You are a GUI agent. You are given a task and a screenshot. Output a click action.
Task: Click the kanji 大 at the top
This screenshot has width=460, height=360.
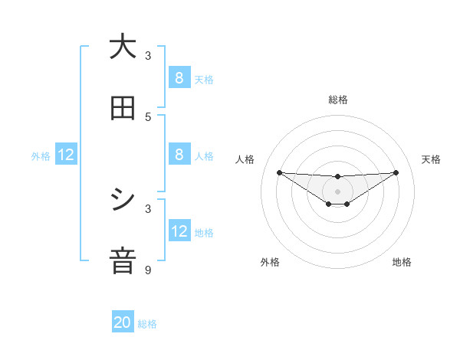tap(123, 47)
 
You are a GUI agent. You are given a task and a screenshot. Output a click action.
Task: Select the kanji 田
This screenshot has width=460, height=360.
tap(123, 108)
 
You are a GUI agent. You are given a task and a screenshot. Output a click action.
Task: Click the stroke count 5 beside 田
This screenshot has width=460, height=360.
tap(149, 116)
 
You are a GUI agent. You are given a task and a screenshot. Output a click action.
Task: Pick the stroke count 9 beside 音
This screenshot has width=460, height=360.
tap(149, 270)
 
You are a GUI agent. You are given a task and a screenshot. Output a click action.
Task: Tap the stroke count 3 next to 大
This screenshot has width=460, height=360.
tap(149, 55)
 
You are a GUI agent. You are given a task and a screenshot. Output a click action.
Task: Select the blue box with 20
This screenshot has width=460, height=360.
tap(123, 322)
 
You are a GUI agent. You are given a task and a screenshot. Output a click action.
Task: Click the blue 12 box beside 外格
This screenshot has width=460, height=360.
tap(66, 155)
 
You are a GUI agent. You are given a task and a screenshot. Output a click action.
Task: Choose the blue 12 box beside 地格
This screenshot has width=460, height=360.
tap(179, 231)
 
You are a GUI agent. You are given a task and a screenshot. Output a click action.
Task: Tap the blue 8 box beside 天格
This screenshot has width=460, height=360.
tap(179, 77)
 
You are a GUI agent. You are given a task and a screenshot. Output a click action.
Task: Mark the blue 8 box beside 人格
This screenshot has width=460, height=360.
tap(179, 155)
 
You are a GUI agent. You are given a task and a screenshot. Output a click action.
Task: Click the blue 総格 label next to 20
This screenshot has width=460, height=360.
tap(147, 324)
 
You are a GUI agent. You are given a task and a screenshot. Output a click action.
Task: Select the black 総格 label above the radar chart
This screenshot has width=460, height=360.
tap(338, 100)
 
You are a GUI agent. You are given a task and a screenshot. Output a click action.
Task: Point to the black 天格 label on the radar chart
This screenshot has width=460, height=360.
tap(431, 159)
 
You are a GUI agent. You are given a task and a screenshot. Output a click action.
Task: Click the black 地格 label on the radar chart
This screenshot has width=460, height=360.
tap(402, 263)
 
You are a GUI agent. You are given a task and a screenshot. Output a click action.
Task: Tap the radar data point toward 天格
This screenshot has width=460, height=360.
tap(396, 172)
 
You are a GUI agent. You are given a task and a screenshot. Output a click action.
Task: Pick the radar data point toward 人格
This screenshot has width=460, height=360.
tap(279, 172)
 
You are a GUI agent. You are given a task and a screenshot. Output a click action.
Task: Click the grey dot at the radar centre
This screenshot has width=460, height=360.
tap(337, 191)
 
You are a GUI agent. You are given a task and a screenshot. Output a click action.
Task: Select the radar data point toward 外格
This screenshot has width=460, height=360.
tap(329, 204)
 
